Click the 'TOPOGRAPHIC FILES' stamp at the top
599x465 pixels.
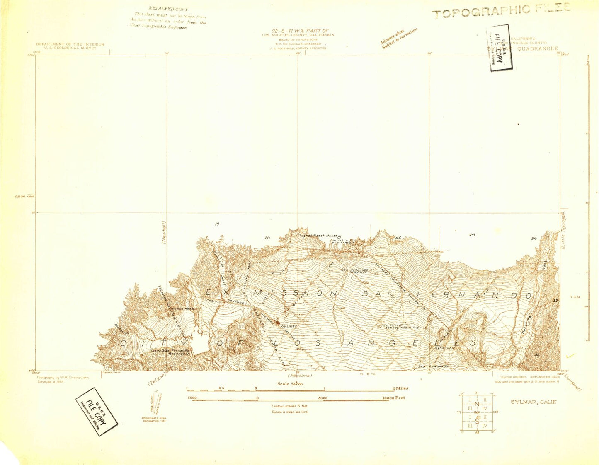(x=502, y=10)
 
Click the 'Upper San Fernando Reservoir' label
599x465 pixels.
(x=170, y=352)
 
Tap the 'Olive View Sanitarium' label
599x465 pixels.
(x=347, y=242)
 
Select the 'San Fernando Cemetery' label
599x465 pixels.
(x=354, y=271)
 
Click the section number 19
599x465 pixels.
(x=217, y=224)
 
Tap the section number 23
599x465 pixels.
(x=472, y=235)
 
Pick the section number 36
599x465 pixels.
(x=538, y=354)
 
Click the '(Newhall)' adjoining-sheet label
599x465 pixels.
(x=164, y=232)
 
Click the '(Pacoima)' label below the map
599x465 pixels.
(x=301, y=376)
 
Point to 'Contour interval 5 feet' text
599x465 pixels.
(x=290, y=406)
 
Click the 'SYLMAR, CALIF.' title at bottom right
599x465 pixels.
(x=534, y=402)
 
